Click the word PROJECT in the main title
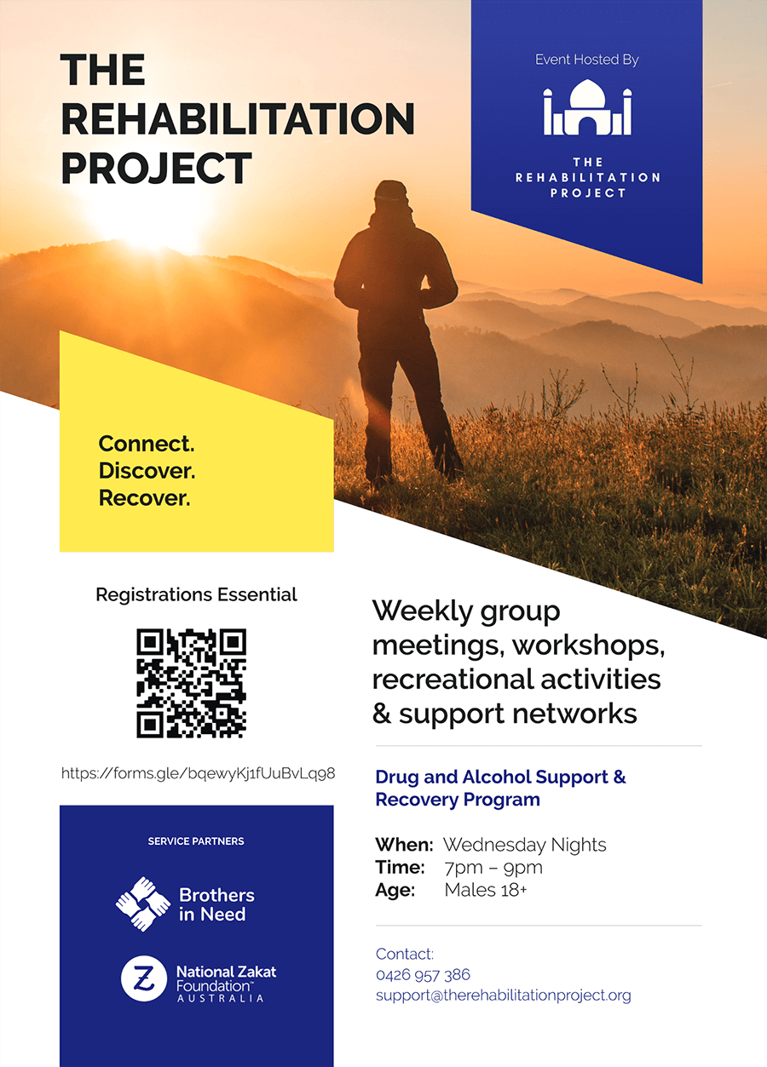156,168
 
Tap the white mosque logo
587,107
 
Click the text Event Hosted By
587,60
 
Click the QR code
191,683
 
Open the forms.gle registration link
198,773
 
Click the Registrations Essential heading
196,595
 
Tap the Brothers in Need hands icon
142,904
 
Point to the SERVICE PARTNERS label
196,841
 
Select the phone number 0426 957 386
423,974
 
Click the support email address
504,995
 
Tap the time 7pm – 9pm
493,868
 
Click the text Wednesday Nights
525,845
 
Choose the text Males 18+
486,890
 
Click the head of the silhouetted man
391,196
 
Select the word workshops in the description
588,646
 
